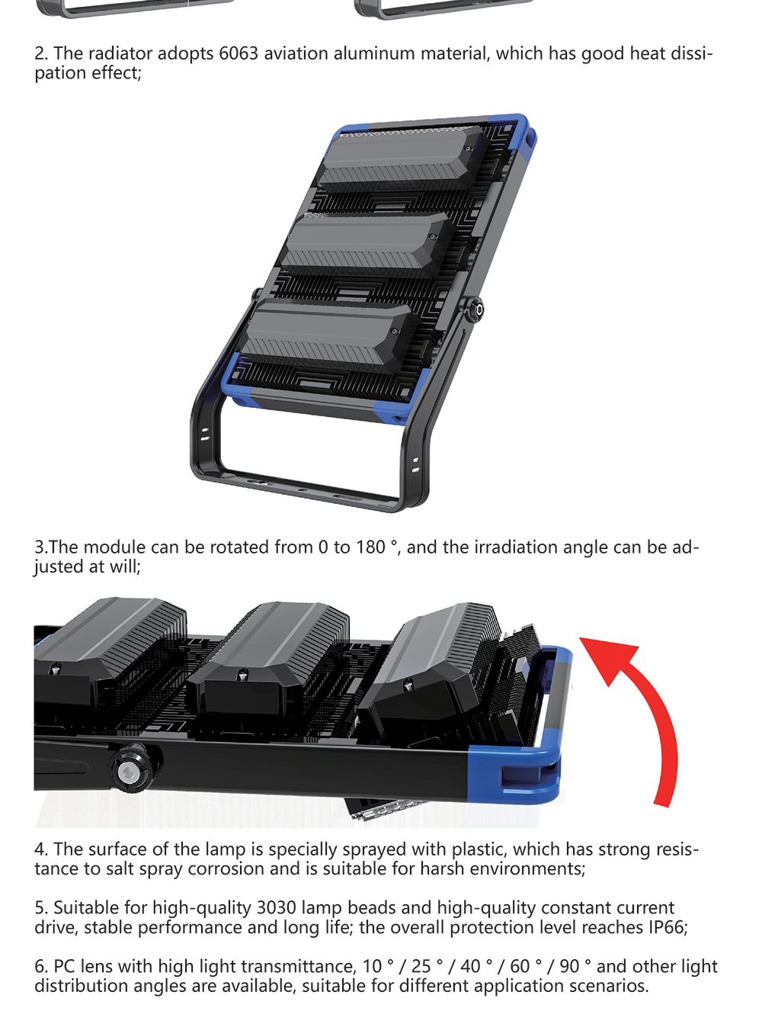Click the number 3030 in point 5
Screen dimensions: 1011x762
click(277, 907)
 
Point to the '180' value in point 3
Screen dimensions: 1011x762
click(370, 547)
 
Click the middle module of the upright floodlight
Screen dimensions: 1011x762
click(364, 244)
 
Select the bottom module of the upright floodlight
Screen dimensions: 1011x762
click(328, 335)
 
